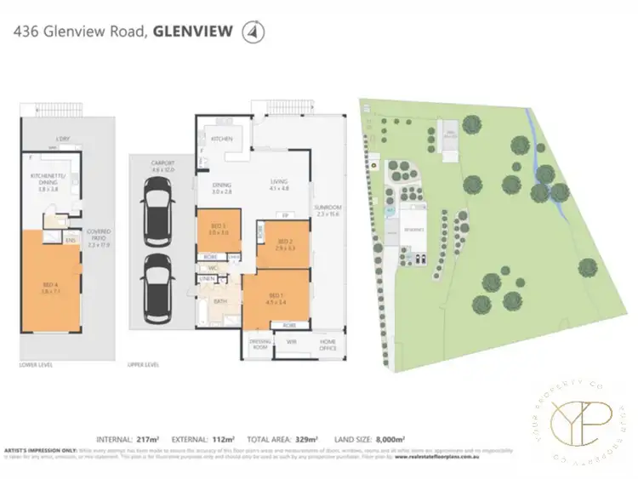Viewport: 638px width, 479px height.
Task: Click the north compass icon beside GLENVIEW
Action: coord(253,33)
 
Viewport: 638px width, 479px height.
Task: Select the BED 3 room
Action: coord(219,229)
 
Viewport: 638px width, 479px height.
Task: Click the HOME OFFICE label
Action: coord(328,344)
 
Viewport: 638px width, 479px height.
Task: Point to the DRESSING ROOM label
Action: coord(259,344)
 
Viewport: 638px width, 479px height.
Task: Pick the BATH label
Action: coord(220,300)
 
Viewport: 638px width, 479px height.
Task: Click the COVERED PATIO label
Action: coord(100,242)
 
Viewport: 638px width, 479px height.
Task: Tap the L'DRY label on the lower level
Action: coord(62,139)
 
